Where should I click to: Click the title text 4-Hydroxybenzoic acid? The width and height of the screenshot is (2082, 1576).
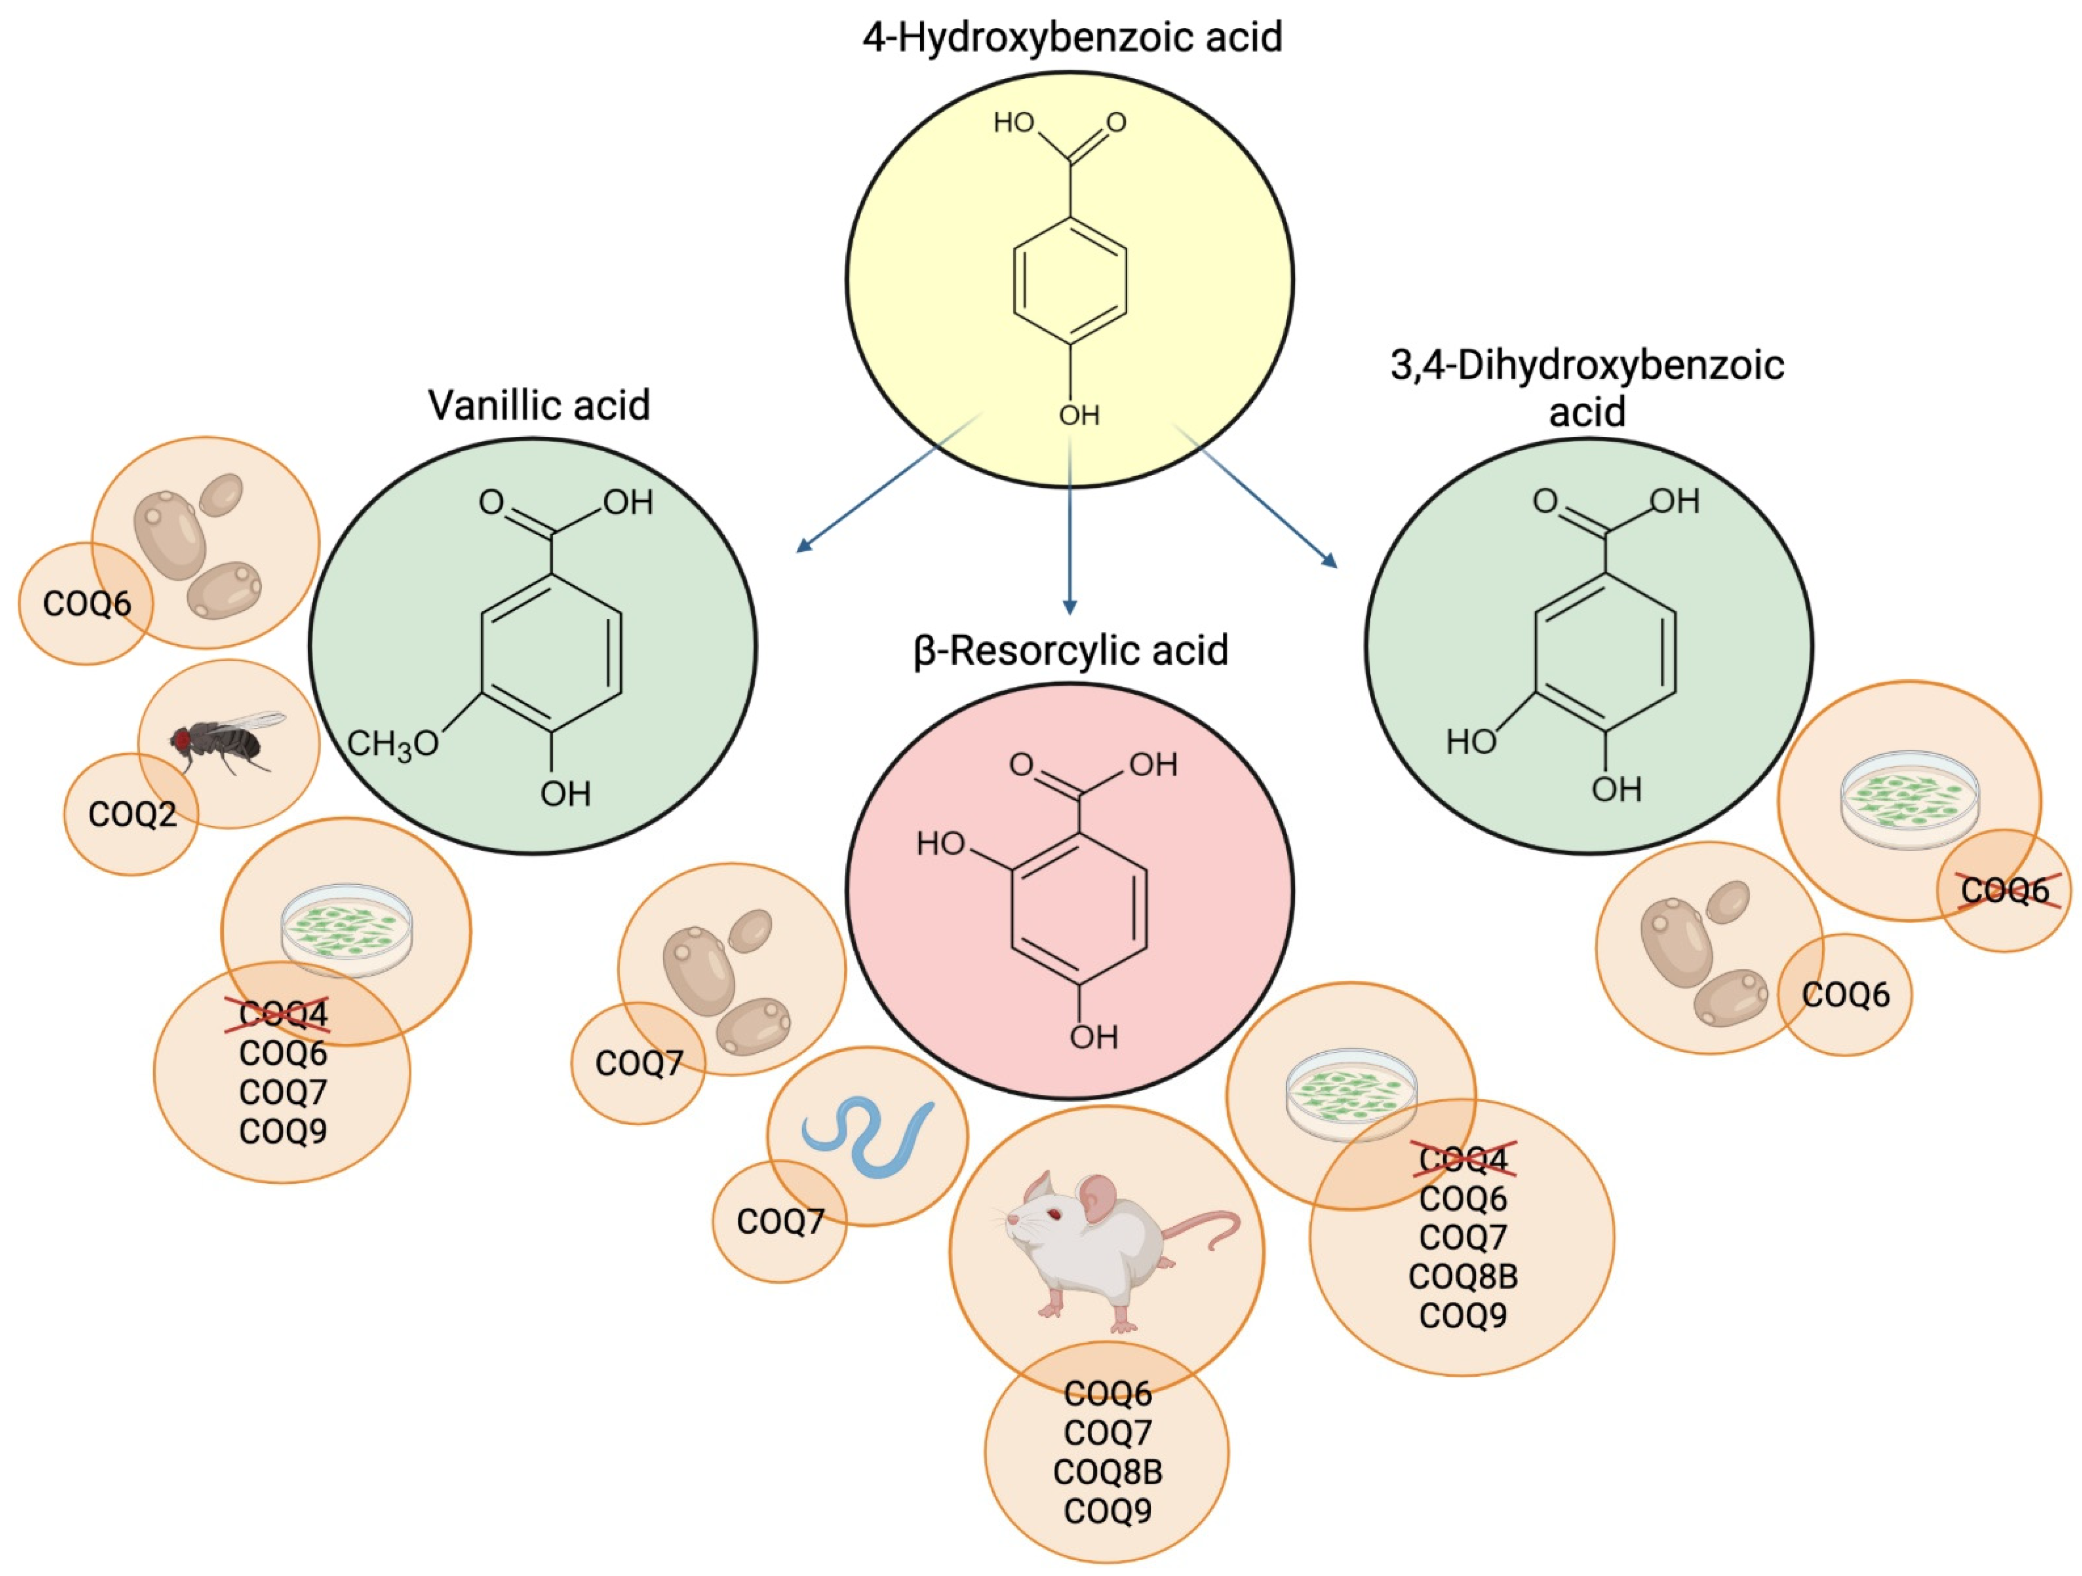click(1072, 37)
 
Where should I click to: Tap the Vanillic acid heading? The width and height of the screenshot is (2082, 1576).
click(538, 406)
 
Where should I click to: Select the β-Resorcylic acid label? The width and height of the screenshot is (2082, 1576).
click(1070, 650)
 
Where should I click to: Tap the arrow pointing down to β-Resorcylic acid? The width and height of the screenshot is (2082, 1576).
click(1069, 602)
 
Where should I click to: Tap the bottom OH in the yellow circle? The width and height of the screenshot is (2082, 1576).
click(1079, 415)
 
